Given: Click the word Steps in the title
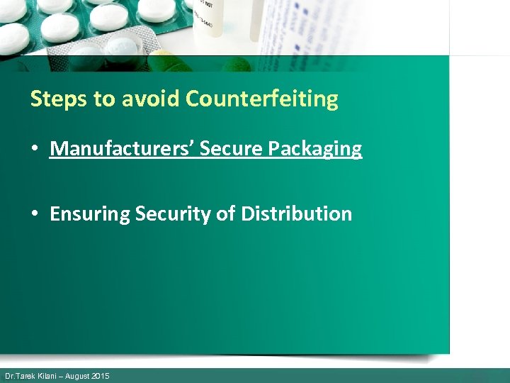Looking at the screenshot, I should [59, 99].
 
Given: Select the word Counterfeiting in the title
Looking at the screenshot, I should [262, 99].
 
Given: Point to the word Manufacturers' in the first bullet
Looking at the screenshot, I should [123, 149].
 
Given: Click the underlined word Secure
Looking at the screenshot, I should [232, 149].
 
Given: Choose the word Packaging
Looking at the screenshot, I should [315, 150].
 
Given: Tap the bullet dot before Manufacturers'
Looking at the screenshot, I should [34, 150].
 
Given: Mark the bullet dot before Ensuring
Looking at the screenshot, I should [34, 214].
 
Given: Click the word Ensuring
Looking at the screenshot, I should [90, 214].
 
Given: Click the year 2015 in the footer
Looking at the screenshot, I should [101, 376].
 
